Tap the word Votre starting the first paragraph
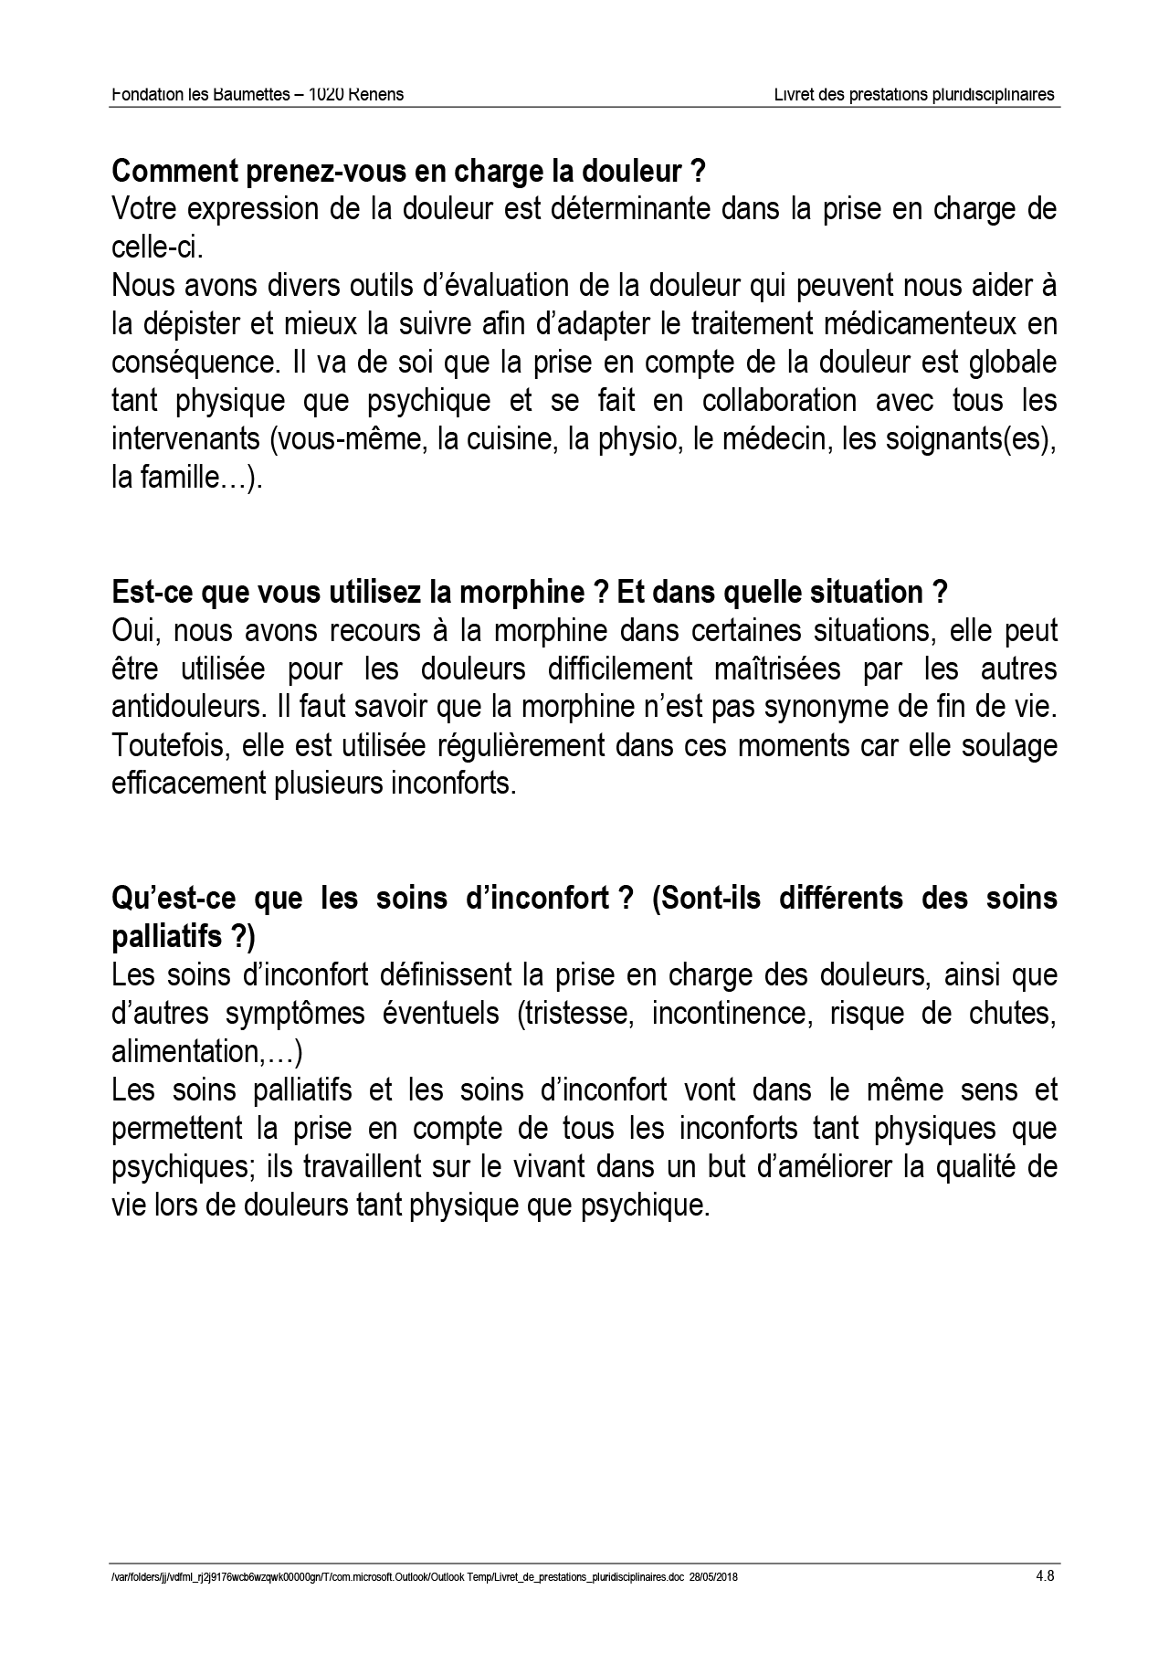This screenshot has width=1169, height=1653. click(x=143, y=209)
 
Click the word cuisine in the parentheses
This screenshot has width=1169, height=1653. click(x=497, y=439)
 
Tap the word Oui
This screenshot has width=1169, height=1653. click(x=133, y=631)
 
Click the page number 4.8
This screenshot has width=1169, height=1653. click(x=1045, y=1575)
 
